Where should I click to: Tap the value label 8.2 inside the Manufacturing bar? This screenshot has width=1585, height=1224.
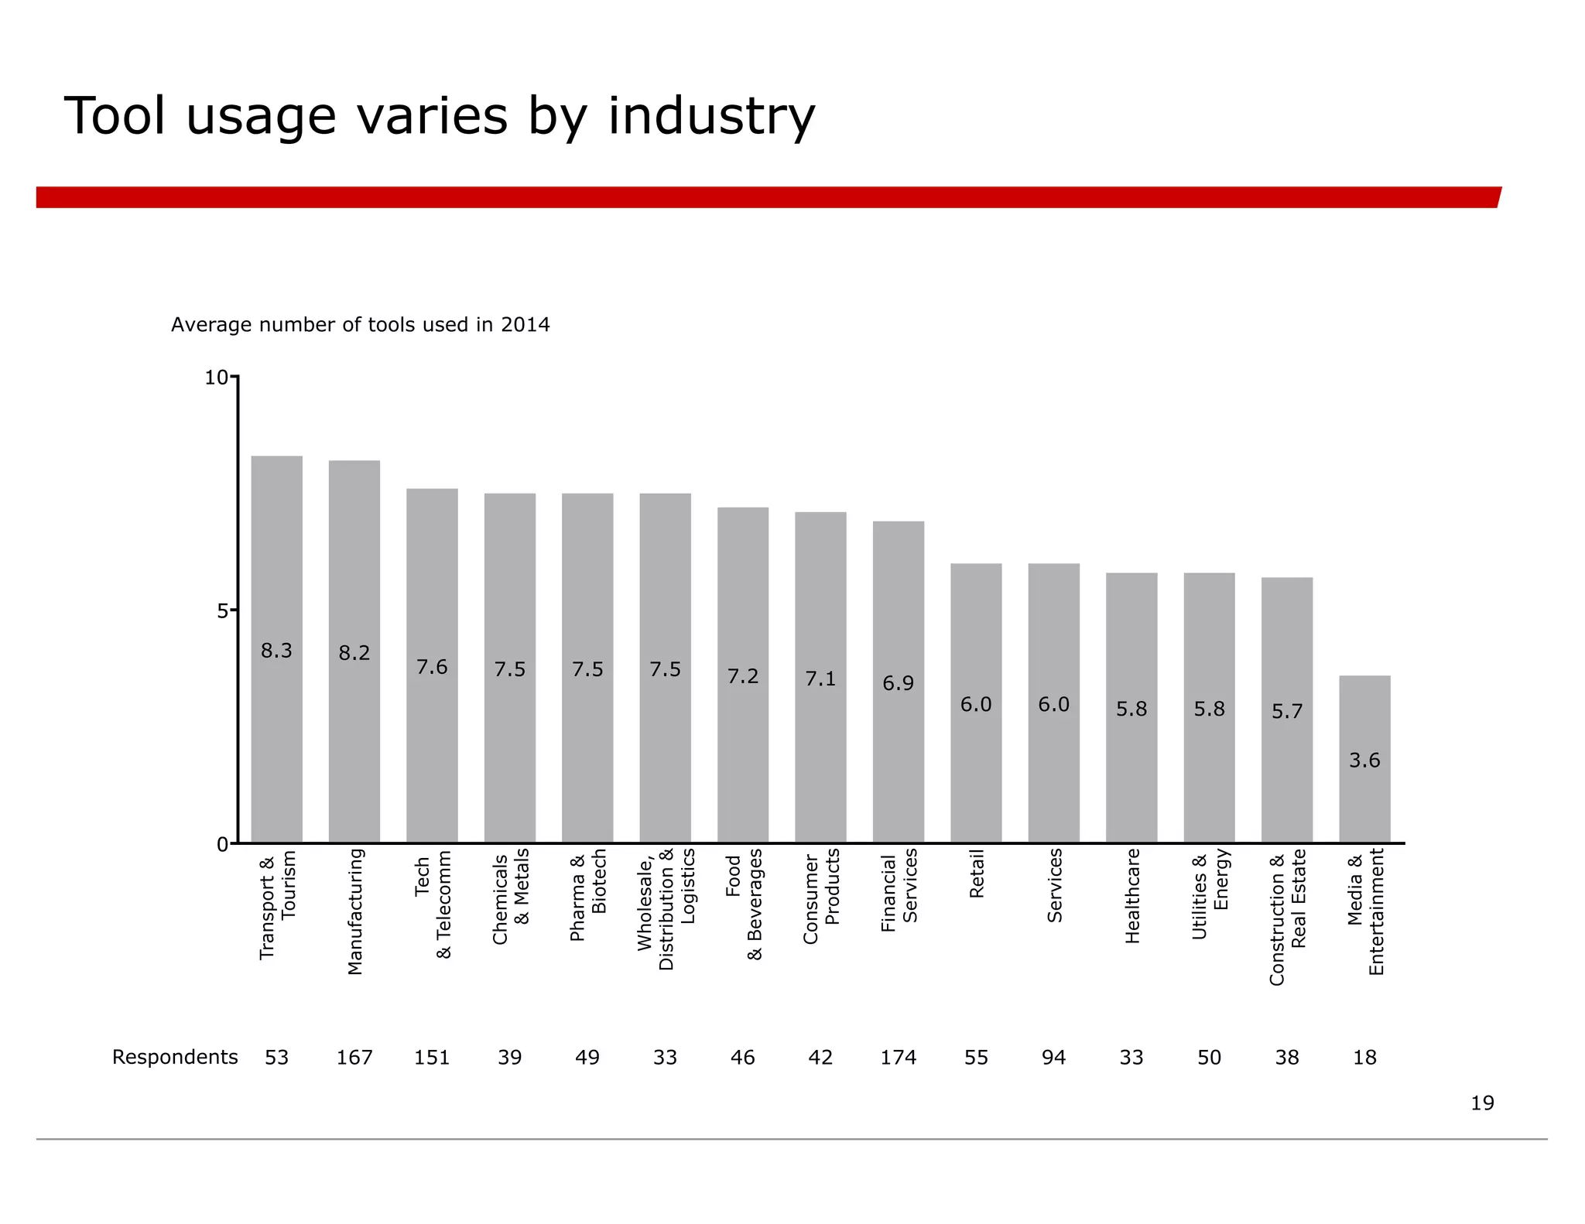[x=354, y=653]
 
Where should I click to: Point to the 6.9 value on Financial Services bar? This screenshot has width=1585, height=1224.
[x=898, y=683]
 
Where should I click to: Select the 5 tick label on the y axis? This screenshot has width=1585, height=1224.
[x=223, y=611]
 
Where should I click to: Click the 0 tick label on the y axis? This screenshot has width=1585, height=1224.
[x=223, y=844]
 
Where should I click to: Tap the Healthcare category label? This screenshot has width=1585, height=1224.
[x=1132, y=895]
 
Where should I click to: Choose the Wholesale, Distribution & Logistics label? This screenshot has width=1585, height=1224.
[x=666, y=909]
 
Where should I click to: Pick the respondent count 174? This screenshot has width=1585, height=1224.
[x=898, y=1057]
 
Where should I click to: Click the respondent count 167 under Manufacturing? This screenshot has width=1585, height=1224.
[x=354, y=1057]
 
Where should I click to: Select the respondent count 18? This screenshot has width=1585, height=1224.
[x=1364, y=1057]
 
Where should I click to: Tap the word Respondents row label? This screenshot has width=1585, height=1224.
[x=175, y=1057]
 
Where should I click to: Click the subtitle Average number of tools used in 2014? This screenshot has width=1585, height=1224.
[x=360, y=324]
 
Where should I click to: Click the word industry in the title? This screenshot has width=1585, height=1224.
[x=711, y=117]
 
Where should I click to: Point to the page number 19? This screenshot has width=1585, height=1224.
[x=1482, y=1103]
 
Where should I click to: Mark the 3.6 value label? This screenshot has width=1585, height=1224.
[x=1364, y=760]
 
